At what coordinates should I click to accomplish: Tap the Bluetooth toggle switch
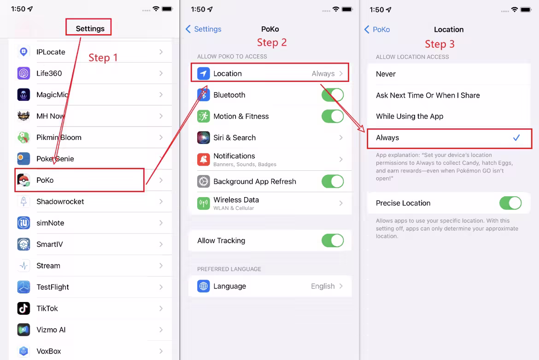coord(333,95)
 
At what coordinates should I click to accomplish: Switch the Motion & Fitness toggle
coord(333,116)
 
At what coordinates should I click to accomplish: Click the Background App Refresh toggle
coord(333,181)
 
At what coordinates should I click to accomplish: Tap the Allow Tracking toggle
coord(333,240)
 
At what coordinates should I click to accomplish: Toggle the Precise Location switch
coord(510,203)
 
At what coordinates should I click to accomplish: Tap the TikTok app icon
coord(23,308)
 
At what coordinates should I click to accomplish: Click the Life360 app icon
coord(23,74)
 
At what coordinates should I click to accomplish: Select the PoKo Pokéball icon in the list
coord(23,180)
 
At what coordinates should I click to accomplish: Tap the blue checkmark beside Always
coord(516,138)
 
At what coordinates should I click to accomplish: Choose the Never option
coord(386,74)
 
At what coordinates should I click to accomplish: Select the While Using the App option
coord(410,116)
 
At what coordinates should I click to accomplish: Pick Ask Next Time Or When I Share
coord(428,95)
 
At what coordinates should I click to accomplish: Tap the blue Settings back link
coord(204,29)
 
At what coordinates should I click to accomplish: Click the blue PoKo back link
coord(377,29)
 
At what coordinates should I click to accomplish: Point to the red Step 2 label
coord(271,42)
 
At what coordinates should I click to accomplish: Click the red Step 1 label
coord(103,58)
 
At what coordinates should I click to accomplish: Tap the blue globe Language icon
coord(204,286)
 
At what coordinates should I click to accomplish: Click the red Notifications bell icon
coord(204,159)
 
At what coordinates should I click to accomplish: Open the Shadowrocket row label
coord(60,202)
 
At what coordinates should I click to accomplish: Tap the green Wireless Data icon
coord(204,203)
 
